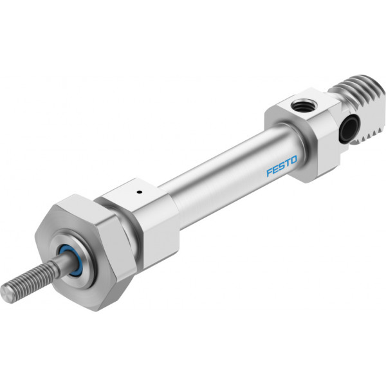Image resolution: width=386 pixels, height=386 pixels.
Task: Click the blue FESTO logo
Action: [282, 166]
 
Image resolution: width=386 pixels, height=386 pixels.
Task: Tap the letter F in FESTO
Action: [270, 172]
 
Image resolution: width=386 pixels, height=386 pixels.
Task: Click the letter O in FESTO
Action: [294, 160]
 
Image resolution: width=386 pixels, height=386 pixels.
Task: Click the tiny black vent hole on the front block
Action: [140, 192]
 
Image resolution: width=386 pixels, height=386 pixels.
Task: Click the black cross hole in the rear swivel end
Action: [349, 128]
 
